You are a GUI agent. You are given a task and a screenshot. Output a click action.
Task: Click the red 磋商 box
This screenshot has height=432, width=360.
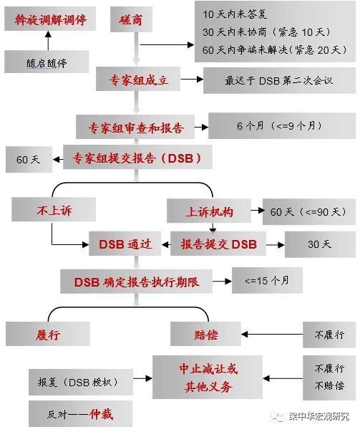pos(131,19)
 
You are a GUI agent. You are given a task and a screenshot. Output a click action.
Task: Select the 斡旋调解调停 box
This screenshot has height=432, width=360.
pos(50,19)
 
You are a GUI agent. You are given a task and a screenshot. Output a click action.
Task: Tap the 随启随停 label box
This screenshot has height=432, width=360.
pos(47,62)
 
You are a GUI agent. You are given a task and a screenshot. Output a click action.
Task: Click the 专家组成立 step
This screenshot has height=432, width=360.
pos(138,79)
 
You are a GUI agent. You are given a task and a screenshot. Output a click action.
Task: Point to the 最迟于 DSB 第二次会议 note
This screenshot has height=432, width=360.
pos(279,80)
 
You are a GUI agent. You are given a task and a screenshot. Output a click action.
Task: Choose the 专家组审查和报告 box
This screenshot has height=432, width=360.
pos(135,127)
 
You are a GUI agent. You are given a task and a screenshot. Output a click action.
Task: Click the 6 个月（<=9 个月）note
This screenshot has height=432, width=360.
pos(282,125)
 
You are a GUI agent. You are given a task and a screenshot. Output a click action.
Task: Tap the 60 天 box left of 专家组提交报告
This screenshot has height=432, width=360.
pos(29,160)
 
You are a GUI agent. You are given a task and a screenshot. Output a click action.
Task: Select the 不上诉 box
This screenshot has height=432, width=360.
pos(54,210)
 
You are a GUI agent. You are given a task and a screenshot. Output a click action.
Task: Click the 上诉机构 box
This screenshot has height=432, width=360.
pos(209,211)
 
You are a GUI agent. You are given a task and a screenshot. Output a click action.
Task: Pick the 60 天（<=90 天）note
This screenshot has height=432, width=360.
pos(309,211)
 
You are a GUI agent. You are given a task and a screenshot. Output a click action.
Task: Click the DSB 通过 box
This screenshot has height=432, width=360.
pos(125,244)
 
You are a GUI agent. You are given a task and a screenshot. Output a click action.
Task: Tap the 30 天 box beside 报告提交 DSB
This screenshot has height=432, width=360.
pos(320,244)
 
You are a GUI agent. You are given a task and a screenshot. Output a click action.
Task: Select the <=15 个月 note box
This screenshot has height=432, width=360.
pos(267,280)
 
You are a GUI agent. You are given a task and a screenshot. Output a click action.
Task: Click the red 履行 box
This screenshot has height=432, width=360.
pos(48,334)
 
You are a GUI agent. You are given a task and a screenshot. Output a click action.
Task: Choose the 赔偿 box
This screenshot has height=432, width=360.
pos(205,334)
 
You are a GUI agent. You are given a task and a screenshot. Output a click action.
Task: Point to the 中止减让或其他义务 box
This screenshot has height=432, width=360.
pos(208,377)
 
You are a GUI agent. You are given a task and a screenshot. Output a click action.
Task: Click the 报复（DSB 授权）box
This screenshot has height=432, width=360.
pos(81,382)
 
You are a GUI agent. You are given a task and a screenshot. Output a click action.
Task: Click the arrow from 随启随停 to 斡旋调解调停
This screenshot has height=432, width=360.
pos(49,41)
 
